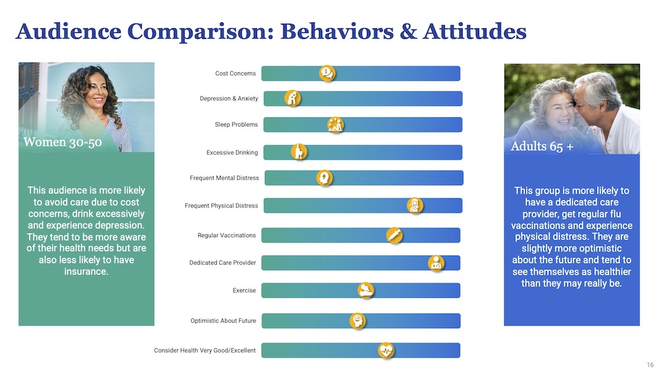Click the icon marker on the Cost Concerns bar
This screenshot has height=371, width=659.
point(328,73)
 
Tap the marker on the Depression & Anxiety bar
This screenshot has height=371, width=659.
point(293,98)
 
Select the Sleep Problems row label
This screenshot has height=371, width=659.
point(236,125)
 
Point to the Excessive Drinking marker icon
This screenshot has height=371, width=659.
point(299,152)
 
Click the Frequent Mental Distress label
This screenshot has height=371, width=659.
point(224,178)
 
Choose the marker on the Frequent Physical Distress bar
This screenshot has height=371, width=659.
point(415,205)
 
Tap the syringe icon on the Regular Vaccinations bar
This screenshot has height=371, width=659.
point(394,235)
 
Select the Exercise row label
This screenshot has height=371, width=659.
point(244,291)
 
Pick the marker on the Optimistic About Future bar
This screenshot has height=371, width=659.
point(357,321)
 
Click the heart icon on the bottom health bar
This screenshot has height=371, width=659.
point(386,350)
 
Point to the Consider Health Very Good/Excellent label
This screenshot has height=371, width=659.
point(204,351)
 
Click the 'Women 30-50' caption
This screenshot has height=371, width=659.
point(63,142)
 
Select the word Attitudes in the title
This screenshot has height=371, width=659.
point(474,31)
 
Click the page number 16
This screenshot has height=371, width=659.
point(650,365)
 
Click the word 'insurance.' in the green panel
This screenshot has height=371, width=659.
point(86,271)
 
